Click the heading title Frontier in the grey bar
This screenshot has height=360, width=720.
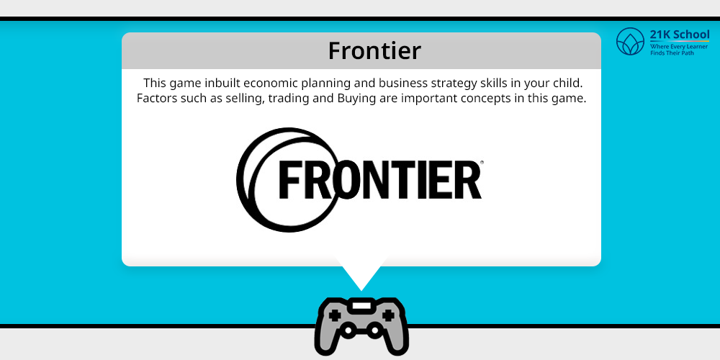point(374,50)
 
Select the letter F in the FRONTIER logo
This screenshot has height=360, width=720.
point(291,179)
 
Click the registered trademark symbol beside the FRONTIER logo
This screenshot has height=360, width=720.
point(481,162)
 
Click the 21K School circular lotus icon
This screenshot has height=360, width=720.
point(631,41)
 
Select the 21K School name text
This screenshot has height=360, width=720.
point(680,35)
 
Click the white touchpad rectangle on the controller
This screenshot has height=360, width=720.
point(361,306)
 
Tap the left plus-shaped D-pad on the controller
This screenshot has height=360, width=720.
point(335,315)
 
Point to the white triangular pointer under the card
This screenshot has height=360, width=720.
point(361,276)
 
